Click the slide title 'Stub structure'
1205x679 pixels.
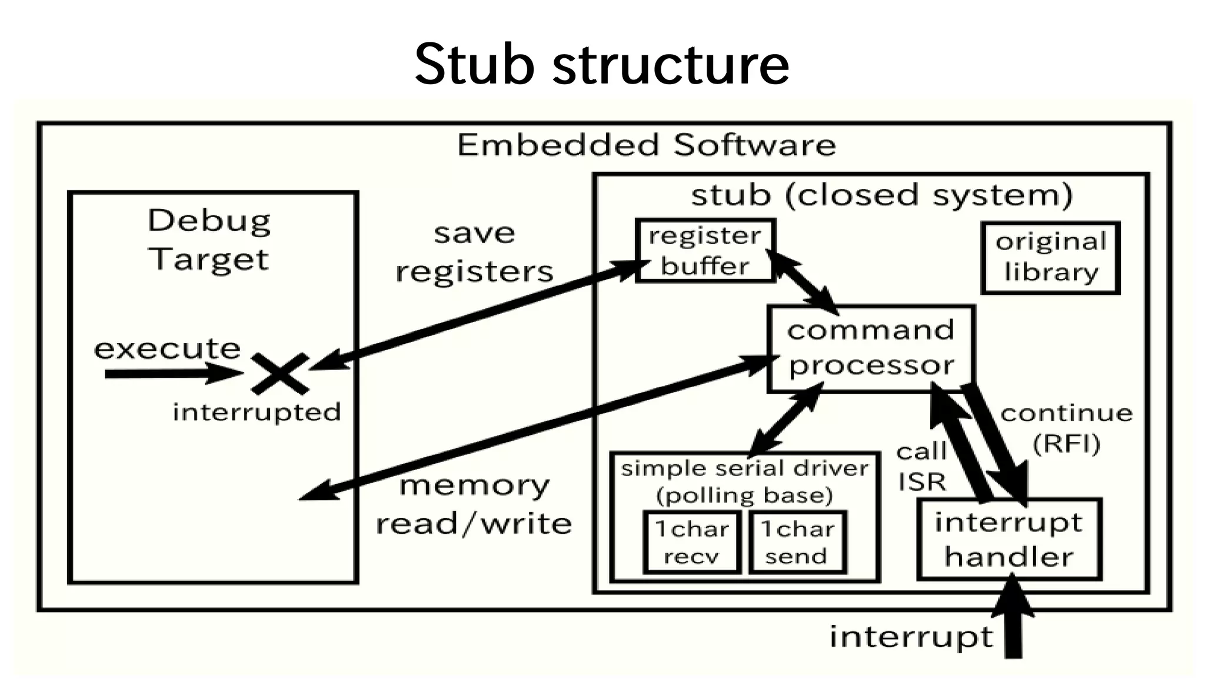click(x=602, y=64)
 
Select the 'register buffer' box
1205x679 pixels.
click(x=705, y=251)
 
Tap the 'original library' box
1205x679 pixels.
click(x=1050, y=258)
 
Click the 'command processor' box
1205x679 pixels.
click(x=871, y=348)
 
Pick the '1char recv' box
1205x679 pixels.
click(x=692, y=542)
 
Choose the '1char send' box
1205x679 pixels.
click(x=797, y=542)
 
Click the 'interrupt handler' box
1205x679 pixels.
click(x=1008, y=540)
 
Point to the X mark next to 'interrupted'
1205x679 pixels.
click(x=279, y=374)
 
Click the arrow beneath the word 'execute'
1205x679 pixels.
click(x=171, y=374)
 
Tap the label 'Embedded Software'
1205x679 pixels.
click(x=646, y=145)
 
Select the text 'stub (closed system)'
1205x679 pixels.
click(x=881, y=195)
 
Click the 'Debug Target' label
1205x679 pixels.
click(x=209, y=240)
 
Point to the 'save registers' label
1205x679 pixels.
click(x=474, y=252)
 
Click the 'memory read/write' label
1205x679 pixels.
click(x=474, y=505)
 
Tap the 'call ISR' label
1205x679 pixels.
click(x=921, y=467)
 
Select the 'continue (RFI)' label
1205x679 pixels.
click(x=1066, y=428)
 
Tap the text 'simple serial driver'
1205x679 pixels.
click(x=744, y=469)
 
